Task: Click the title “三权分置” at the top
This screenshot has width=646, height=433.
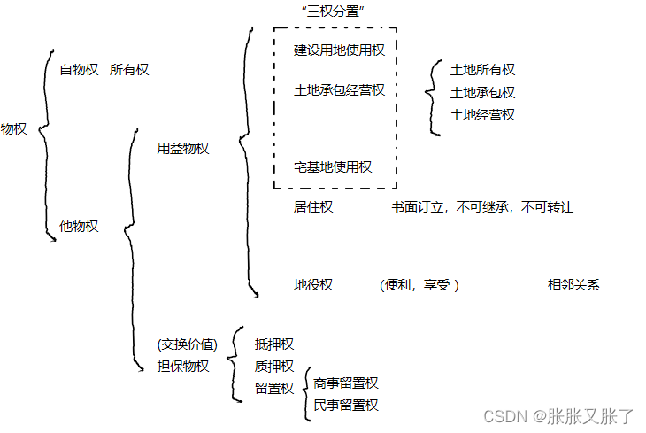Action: tap(334, 10)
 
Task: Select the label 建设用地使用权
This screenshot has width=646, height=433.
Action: tap(339, 50)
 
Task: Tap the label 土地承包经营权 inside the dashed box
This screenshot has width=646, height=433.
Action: tap(339, 89)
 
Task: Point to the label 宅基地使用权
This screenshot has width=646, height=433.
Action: tap(333, 166)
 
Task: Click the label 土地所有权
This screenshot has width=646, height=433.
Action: tap(482, 70)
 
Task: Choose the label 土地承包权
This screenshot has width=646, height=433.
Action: tap(482, 92)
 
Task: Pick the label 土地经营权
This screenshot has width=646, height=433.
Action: tap(482, 114)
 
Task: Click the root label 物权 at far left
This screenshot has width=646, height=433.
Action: tap(13, 128)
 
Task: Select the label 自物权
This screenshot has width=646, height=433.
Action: tap(79, 70)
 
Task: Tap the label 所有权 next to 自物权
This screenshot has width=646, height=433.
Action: tap(129, 70)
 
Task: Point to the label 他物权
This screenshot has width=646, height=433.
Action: tap(79, 226)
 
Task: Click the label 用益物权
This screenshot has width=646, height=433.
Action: tap(182, 148)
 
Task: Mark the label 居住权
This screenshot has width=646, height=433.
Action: tap(313, 207)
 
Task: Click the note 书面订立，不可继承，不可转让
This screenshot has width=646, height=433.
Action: tap(482, 207)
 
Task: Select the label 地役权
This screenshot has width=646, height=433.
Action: tap(313, 284)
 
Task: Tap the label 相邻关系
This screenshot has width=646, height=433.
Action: tap(573, 284)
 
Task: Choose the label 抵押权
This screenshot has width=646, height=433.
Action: tap(274, 344)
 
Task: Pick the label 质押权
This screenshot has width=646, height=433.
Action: tap(274, 366)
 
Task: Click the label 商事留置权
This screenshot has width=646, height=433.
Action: tap(346, 383)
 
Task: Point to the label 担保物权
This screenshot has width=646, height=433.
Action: tap(182, 366)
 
